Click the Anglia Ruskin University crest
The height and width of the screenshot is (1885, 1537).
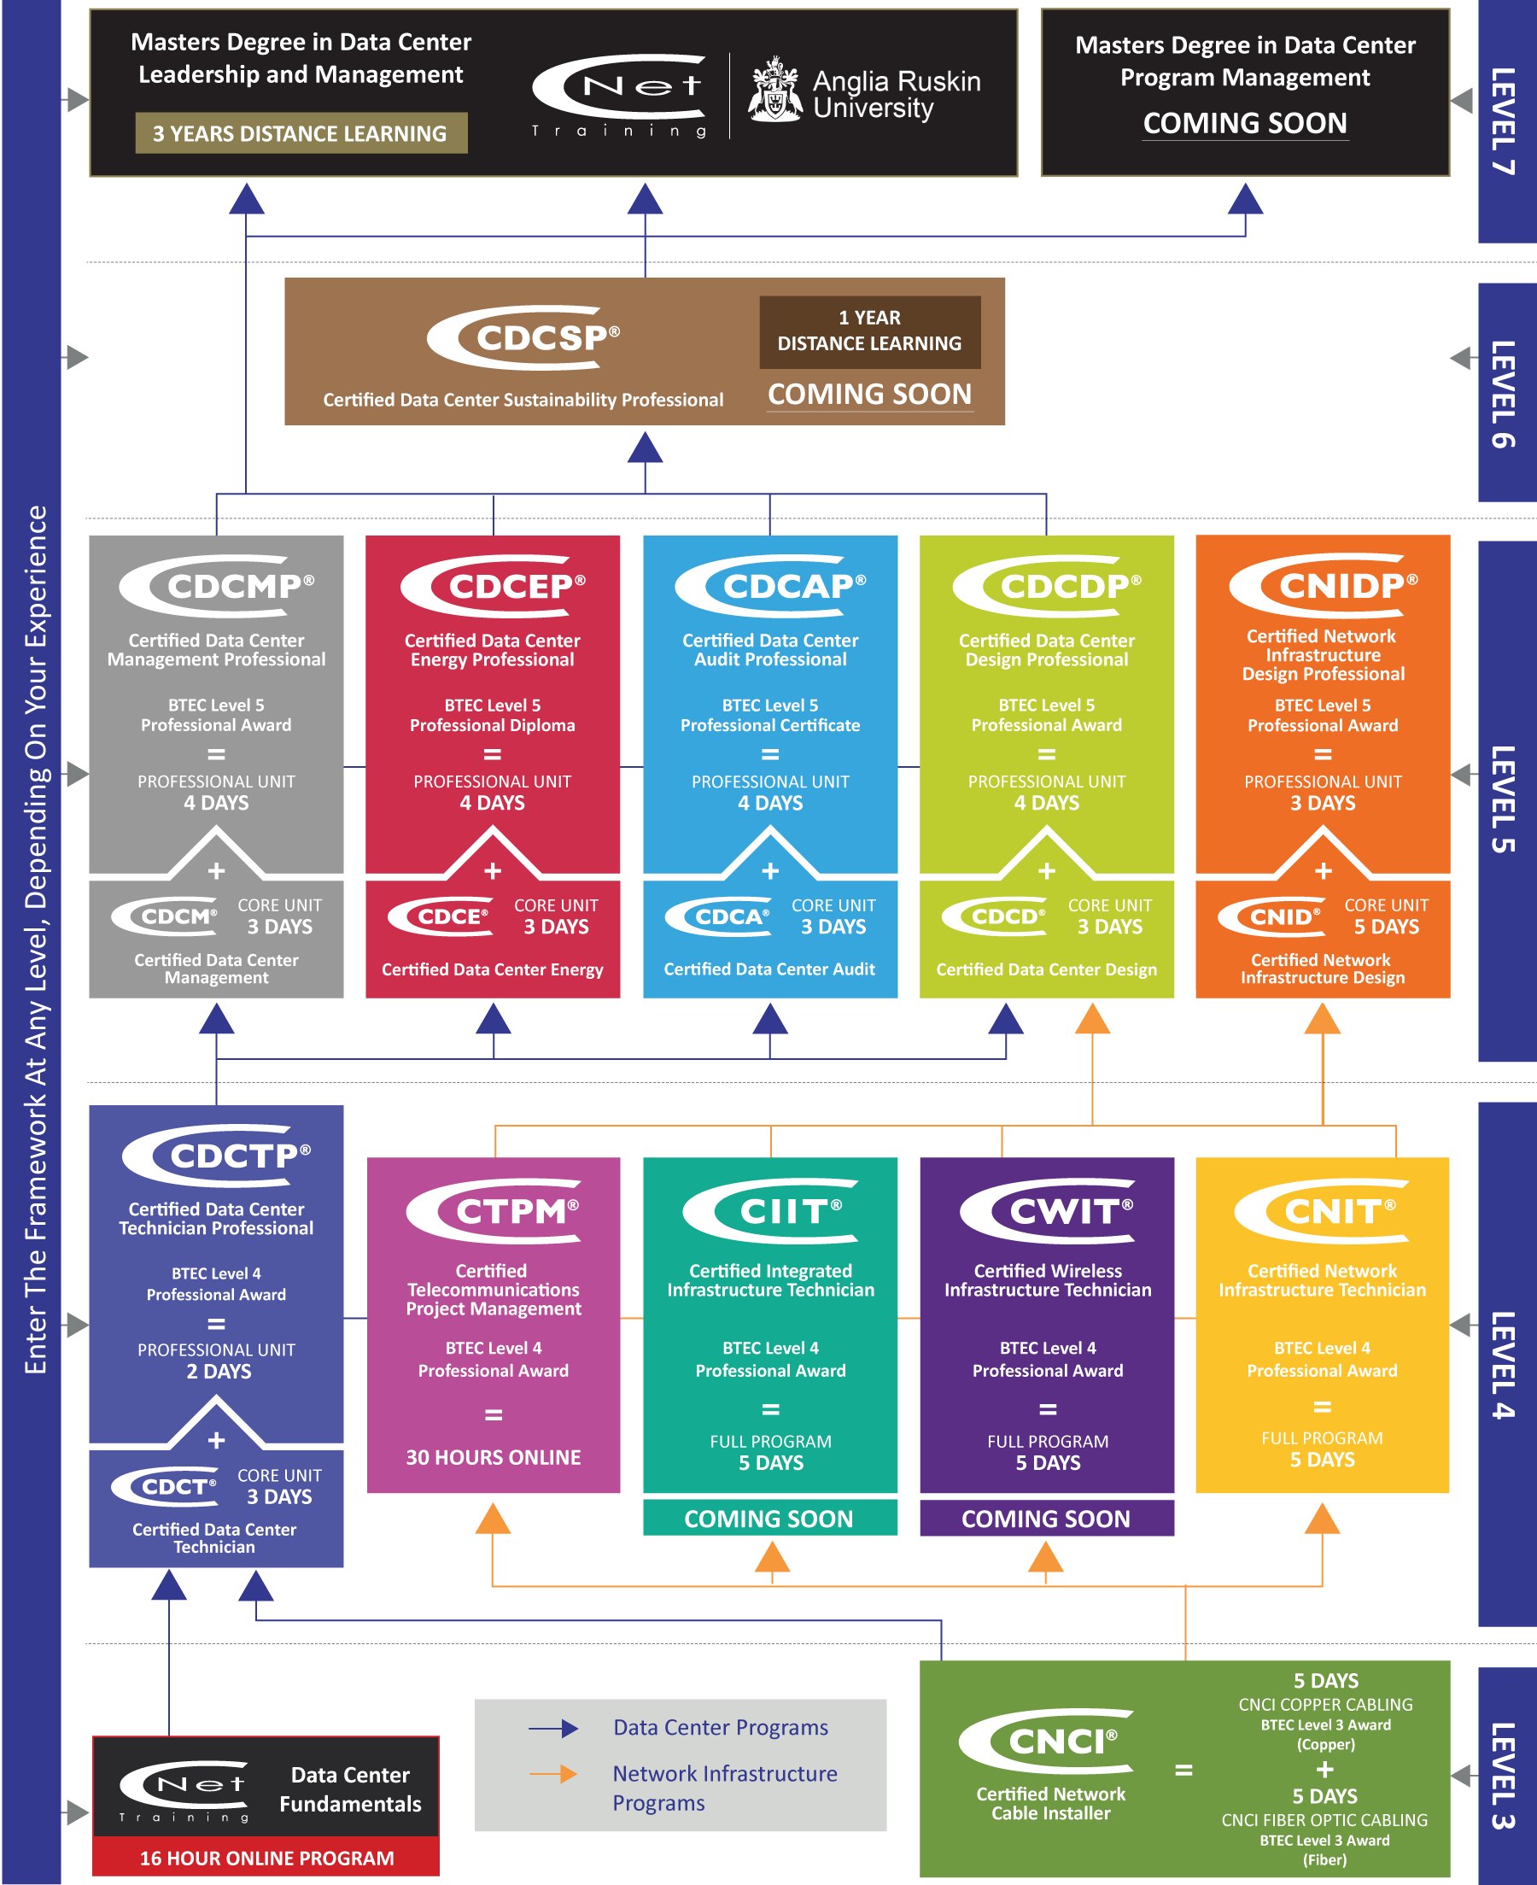774,91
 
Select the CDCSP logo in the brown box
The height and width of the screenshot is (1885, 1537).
524,337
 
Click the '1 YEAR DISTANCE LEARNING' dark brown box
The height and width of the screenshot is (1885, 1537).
868,331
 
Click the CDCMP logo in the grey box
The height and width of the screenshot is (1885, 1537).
218,585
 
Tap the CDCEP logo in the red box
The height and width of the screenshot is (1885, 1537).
494,585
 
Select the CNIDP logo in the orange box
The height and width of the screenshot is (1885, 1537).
1324,585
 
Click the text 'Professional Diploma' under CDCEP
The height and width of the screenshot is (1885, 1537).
492,726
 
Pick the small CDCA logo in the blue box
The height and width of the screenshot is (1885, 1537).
718,917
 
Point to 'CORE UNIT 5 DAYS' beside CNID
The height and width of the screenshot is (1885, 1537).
1386,916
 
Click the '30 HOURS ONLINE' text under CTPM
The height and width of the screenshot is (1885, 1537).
494,1457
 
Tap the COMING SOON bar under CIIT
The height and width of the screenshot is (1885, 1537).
768,1519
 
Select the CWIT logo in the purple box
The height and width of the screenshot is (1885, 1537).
1048,1210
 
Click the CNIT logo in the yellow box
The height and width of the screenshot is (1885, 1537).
1323,1210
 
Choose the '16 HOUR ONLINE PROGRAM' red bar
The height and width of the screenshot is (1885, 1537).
266,1858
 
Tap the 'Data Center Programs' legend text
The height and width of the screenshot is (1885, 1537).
721,1727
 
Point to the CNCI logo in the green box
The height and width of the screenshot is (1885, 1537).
1047,1741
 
